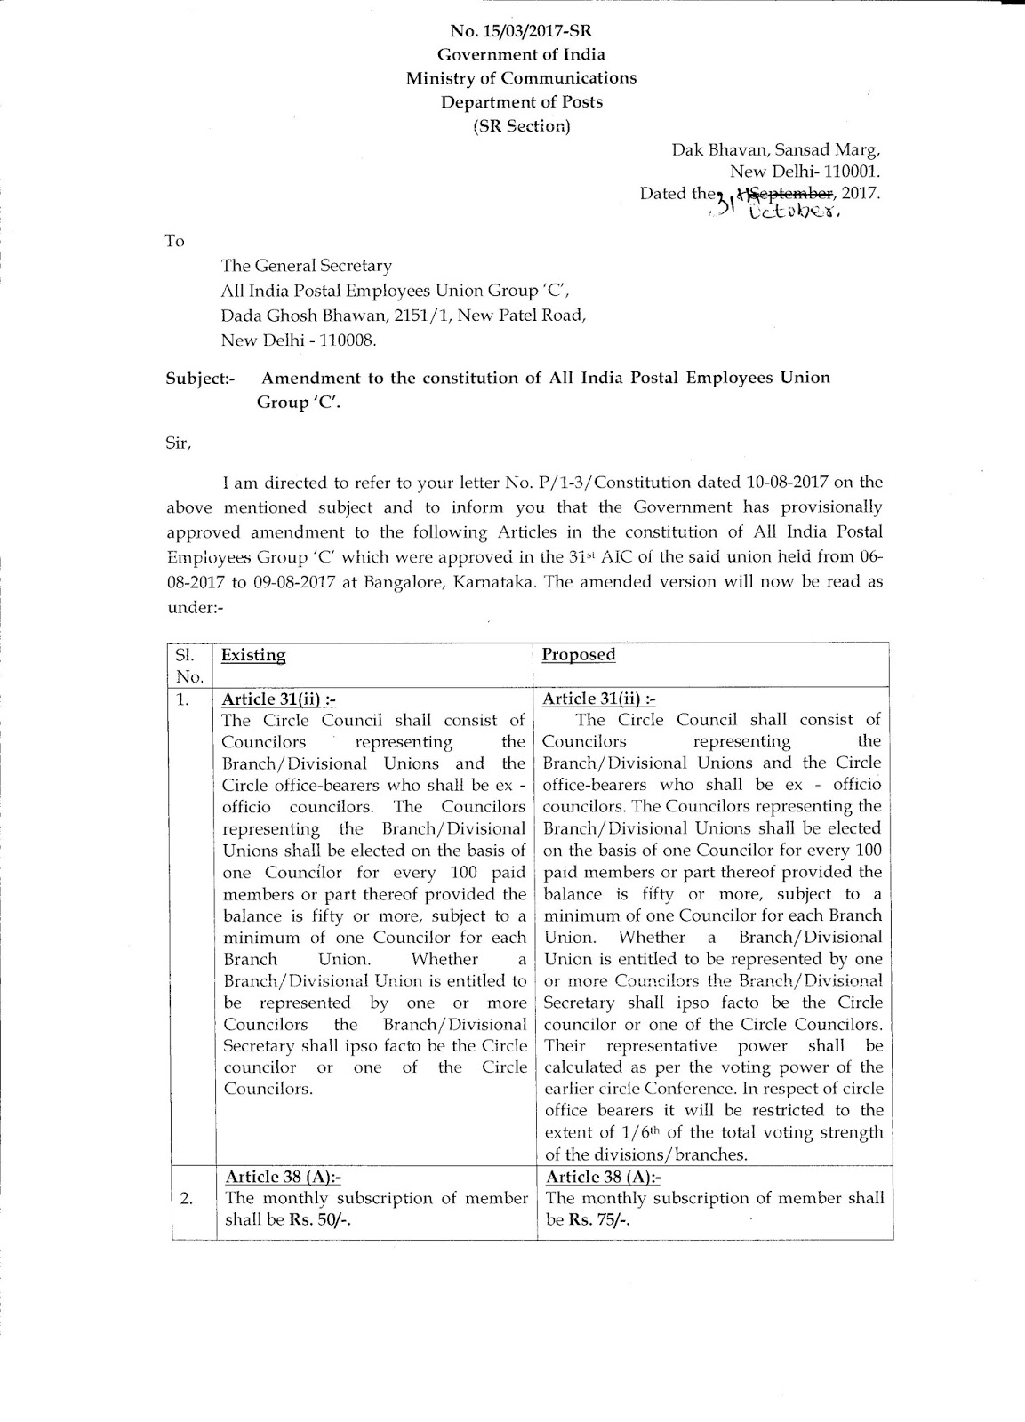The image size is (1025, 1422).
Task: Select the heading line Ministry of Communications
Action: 521,78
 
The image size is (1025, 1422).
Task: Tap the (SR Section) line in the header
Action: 522,125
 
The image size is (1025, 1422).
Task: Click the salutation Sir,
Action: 179,442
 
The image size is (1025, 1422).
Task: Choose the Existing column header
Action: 253,656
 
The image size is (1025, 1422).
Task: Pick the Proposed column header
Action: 579,655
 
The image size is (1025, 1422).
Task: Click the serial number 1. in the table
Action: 183,699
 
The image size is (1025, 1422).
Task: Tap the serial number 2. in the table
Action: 186,1199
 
